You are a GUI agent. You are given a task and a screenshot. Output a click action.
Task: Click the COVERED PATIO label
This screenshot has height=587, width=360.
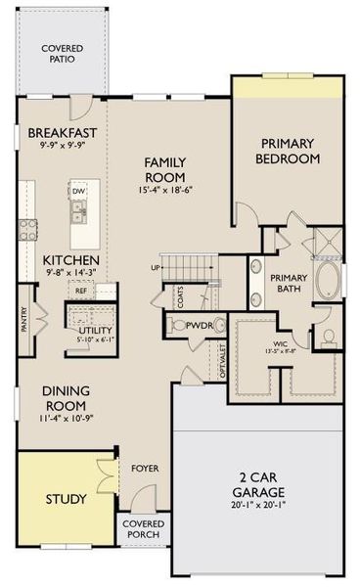(x=62, y=54)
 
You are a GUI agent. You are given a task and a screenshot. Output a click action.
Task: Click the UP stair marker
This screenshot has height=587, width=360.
(x=155, y=267)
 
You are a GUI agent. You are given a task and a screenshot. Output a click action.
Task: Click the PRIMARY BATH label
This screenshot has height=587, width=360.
(x=290, y=283)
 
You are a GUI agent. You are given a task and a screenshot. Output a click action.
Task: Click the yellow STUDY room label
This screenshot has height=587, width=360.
(x=47, y=499)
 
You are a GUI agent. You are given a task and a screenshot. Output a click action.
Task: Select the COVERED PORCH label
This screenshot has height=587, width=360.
(x=143, y=531)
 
